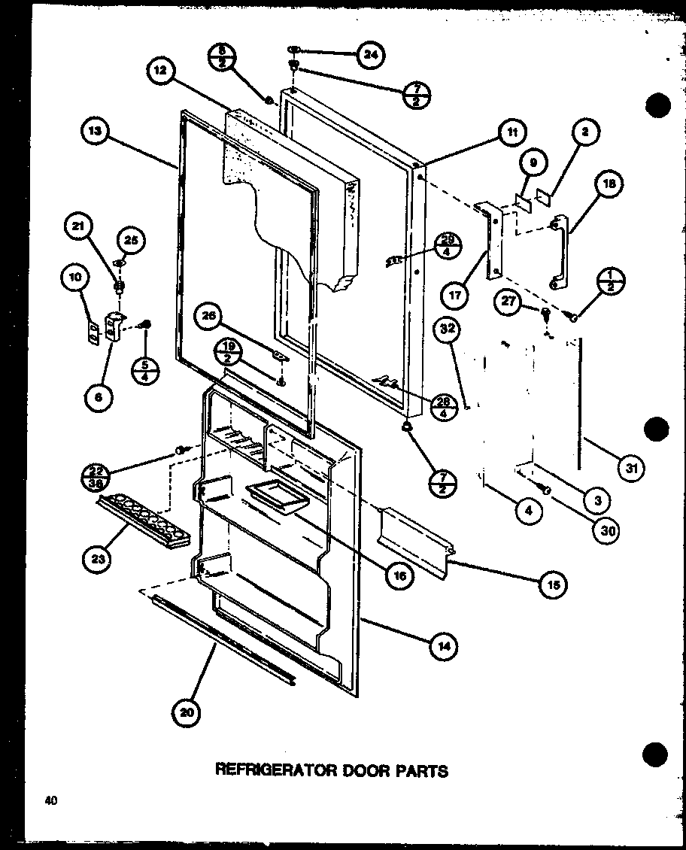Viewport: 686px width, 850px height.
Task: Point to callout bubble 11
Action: pyautogui.click(x=511, y=134)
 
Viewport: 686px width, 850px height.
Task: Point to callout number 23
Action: pyautogui.click(x=99, y=558)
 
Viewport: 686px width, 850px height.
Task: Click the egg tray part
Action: pyautogui.click(x=143, y=524)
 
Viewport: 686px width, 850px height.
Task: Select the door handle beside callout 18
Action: pyautogui.click(x=561, y=251)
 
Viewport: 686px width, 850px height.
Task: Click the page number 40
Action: pyautogui.click(x=50, y=800)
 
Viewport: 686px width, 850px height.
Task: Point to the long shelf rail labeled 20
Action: pyautogui.click(x=222, y=639)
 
